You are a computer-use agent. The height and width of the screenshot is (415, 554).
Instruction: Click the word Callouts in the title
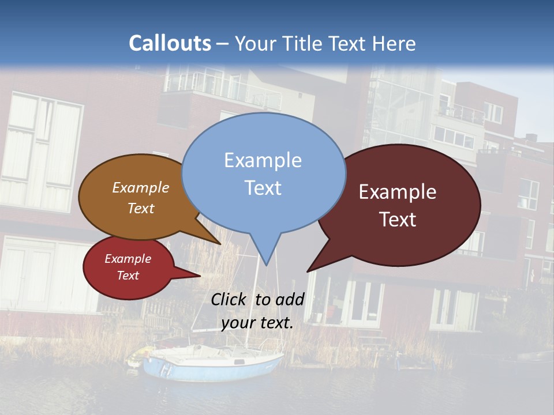pos(170,43)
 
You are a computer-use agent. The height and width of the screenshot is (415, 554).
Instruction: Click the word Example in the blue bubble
pos(263,160)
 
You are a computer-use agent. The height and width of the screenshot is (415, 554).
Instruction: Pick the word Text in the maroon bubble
pos(398,220)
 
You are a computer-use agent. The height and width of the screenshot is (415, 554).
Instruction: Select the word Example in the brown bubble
pos(140,187)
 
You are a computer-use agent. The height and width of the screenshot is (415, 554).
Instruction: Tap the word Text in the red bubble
pos(128,276)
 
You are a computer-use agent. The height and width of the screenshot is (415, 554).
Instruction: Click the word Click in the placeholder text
pos(228,299)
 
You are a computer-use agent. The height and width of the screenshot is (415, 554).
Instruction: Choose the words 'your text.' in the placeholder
pos(257,323)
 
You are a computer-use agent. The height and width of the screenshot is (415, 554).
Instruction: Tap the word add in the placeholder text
pos(289,299)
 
